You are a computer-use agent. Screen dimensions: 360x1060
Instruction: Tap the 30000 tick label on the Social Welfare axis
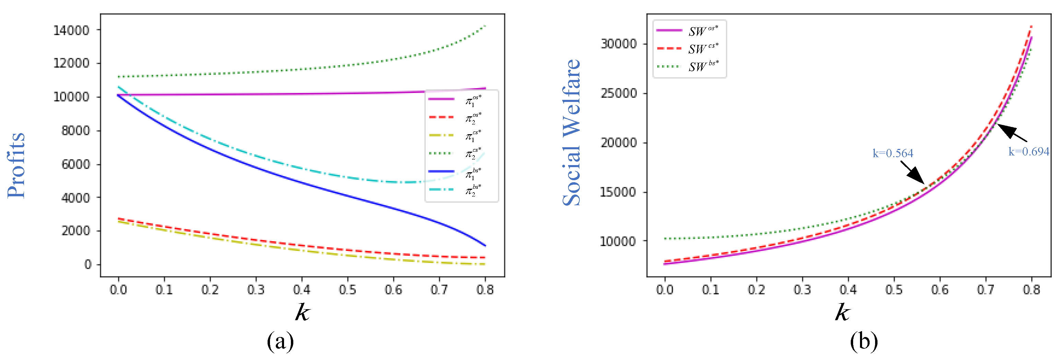619,44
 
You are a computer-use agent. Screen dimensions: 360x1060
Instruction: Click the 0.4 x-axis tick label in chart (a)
302,290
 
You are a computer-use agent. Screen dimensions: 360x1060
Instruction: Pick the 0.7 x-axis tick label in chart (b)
986,290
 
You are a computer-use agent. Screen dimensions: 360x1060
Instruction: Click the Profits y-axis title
16,165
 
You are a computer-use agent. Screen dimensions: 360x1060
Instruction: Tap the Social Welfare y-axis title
572,132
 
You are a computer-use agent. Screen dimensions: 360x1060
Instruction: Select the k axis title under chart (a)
303,312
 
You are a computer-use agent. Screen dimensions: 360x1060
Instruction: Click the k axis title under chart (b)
842,312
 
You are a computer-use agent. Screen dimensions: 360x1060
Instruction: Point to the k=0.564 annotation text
893,153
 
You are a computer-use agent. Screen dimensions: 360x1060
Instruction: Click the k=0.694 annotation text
1028,152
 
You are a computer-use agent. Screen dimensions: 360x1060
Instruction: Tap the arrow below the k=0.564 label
912,172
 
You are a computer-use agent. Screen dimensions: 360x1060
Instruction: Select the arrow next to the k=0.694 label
1012,132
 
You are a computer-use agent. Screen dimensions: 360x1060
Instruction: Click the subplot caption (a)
280,341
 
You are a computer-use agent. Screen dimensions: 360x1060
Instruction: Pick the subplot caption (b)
864,341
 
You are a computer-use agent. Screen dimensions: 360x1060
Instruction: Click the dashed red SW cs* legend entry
687,48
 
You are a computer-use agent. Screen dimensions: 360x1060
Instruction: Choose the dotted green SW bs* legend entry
687,66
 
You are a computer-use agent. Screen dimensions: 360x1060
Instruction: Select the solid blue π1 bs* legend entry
455,172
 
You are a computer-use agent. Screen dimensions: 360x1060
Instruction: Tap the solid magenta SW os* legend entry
687,31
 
